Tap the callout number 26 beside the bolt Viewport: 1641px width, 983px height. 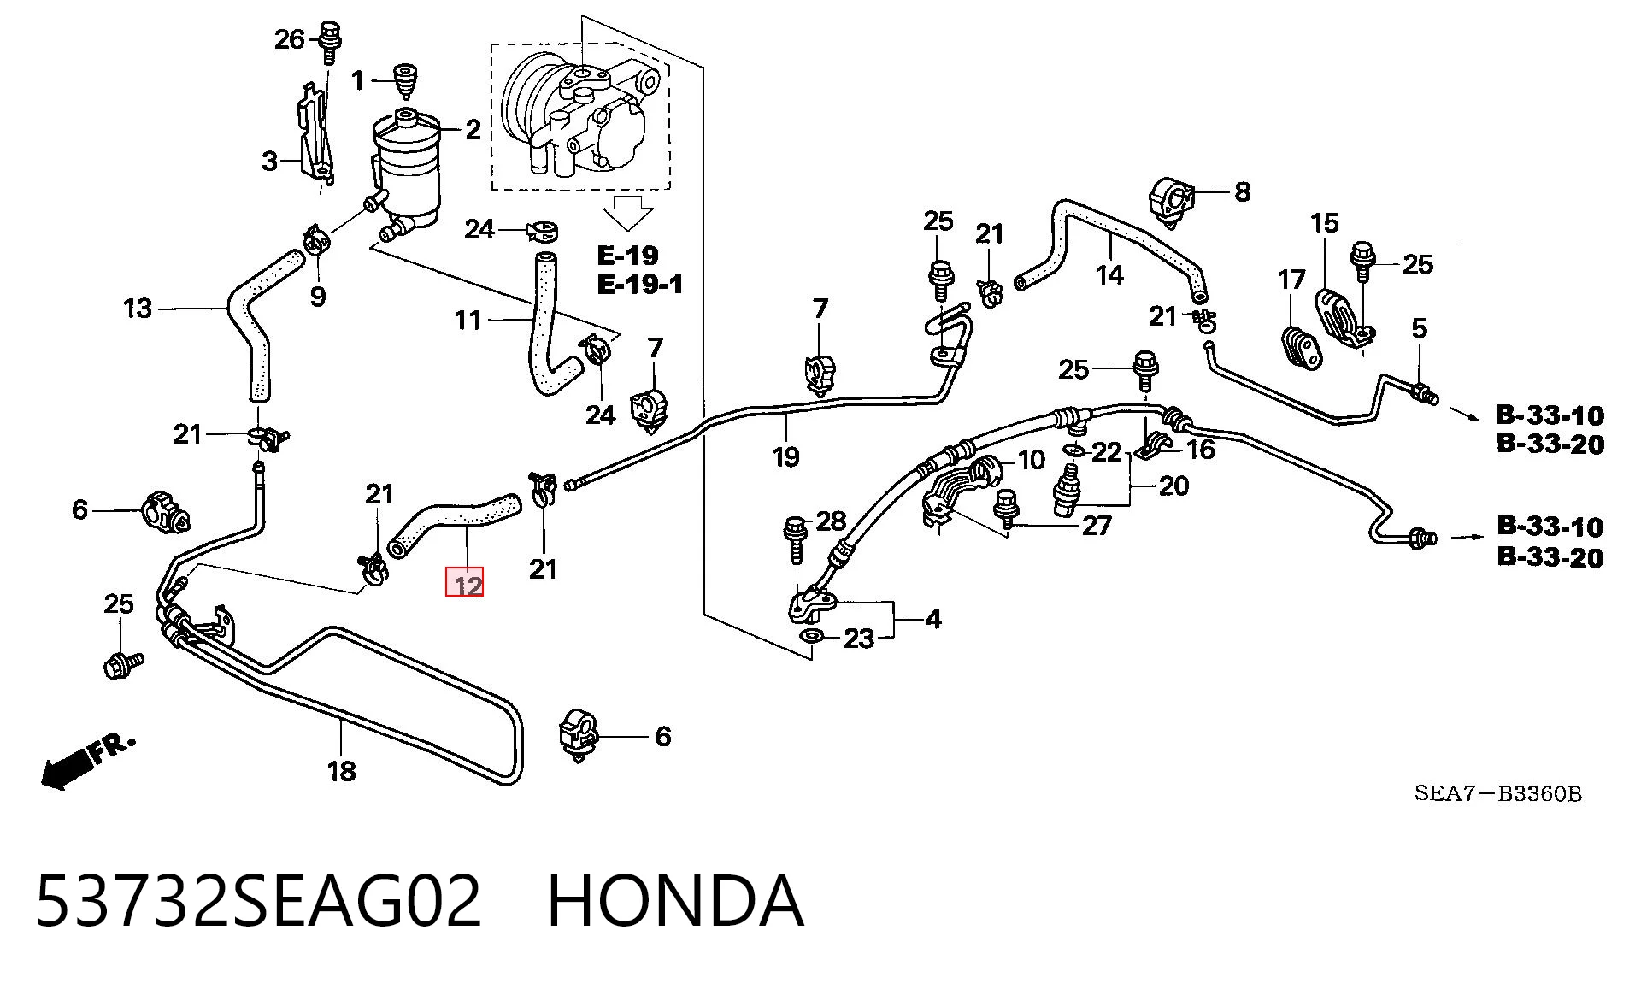(x=290, y=39)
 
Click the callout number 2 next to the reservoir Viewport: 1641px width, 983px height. (x=473, y=130)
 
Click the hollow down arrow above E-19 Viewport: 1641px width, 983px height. (x=628, y=213)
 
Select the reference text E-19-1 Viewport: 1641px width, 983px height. (x=640, y=284)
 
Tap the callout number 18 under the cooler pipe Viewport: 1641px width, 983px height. (x=341, y=772)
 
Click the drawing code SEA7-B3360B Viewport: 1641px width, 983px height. (x=1498, y=793)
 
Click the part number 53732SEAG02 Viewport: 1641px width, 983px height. (x=259, y=901)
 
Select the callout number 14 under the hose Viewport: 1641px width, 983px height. (x=1109, y=275)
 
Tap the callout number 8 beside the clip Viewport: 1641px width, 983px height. (x=1242, y=192)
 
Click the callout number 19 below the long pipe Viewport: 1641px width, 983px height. (x=785, y=457)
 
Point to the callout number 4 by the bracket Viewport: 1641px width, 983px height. (x=933, y=619)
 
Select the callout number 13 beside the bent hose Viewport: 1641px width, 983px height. (x=138, y=309)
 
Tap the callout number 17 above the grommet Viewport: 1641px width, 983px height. (x=1291, y=280)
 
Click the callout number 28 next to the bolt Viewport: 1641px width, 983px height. (x=831, y=521)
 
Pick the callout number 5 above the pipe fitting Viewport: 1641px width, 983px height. (x=1419, y=328)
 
